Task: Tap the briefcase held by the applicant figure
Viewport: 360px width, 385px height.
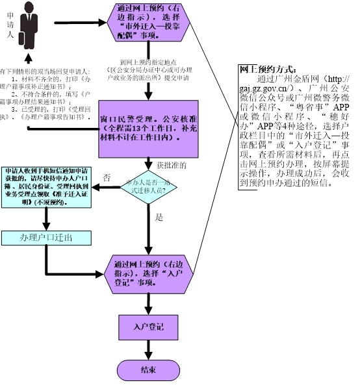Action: [24, 41]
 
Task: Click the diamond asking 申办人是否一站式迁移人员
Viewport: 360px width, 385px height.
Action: [149, 188]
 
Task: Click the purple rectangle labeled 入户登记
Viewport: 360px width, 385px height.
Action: [148, 328]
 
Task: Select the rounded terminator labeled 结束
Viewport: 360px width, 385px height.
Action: [148, 370]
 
